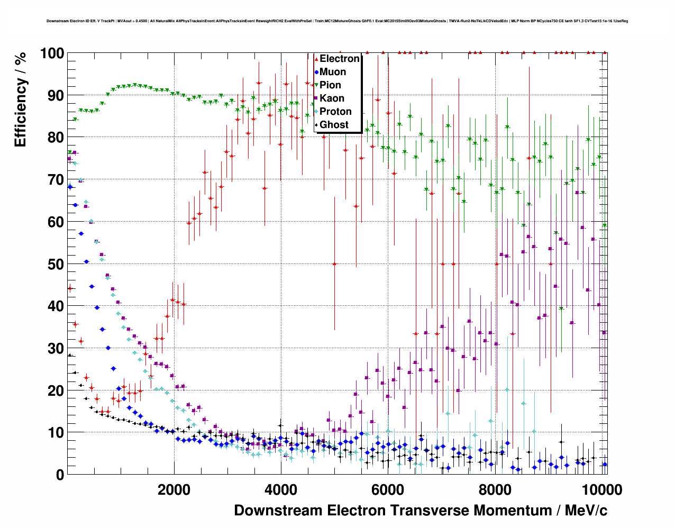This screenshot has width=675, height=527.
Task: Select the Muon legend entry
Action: click(332, 72)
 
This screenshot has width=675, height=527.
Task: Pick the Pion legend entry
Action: click(330, 85)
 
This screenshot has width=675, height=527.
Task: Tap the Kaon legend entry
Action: click(332, 98)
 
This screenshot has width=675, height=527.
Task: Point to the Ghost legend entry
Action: click(334, 125)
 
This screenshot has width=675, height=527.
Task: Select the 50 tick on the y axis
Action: click(56, 264)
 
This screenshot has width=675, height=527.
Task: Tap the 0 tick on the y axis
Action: click(60, 475)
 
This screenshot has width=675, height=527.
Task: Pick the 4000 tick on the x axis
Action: click(280, 489)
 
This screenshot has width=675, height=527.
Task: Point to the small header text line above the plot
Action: click(337, 21)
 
